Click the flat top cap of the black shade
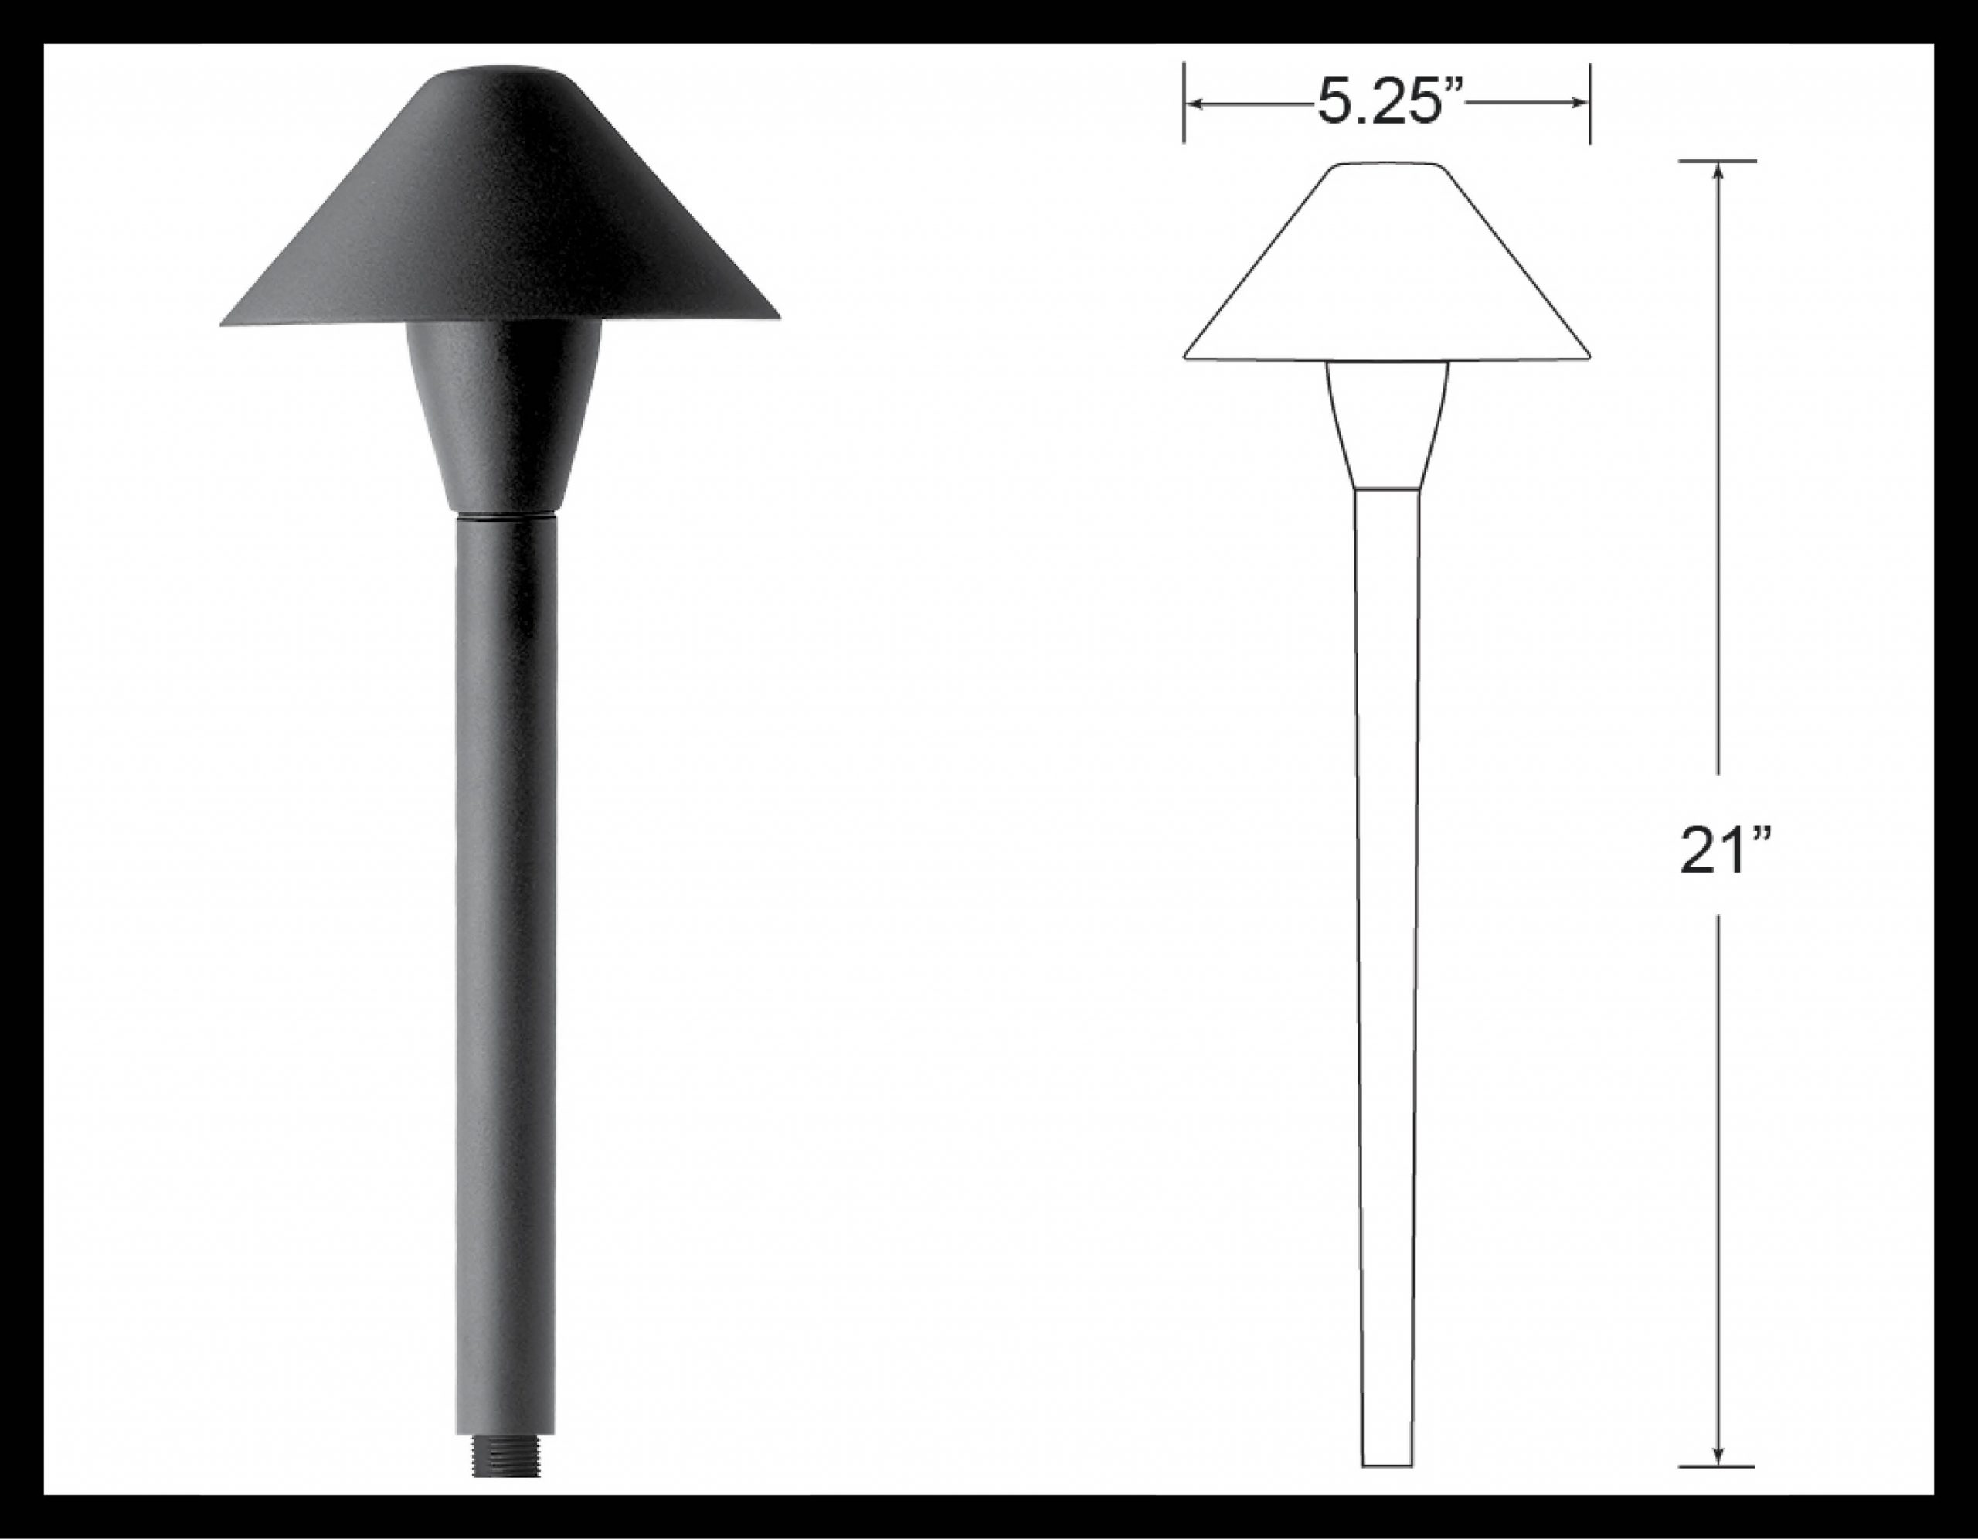499,72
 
